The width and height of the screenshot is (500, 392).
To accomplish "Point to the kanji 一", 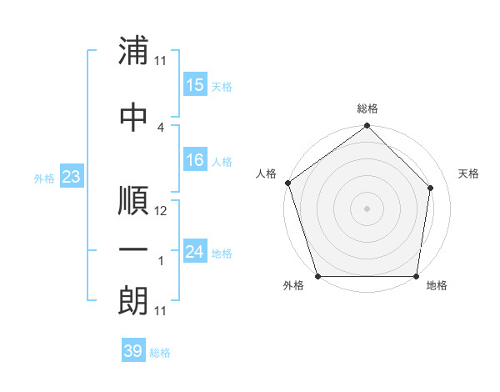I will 133,250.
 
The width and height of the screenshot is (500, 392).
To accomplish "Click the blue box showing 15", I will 195,85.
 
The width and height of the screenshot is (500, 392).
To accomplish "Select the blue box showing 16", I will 195,160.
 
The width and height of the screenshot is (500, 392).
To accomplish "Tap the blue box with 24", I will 195,252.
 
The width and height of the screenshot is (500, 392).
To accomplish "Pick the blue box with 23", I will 71,177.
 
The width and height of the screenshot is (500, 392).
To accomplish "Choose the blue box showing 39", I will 132,351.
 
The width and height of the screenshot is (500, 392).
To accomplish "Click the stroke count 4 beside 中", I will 160,127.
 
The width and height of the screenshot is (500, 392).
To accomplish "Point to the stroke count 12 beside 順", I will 161,212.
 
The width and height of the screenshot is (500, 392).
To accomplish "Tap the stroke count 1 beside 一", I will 160,261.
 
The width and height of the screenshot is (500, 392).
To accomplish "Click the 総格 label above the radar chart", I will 367,108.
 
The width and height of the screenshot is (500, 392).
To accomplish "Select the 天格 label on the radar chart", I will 468,173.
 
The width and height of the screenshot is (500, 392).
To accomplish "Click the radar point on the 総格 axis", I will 367,126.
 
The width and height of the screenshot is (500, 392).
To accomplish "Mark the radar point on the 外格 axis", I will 317,276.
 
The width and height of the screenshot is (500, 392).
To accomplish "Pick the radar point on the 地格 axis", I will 417,276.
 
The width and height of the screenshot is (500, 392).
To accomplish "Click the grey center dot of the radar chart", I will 367,208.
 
